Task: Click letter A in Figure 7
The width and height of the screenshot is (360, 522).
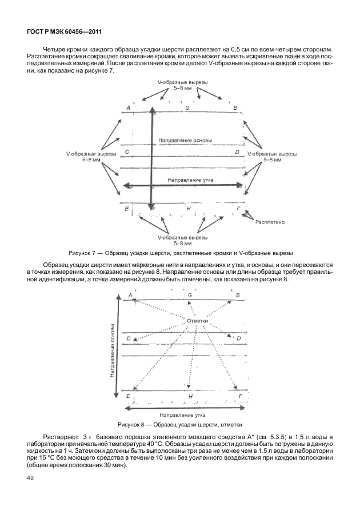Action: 128,107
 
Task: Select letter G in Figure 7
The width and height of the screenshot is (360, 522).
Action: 187,107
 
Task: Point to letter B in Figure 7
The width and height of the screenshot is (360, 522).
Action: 235,107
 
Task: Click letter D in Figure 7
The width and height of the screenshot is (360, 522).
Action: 237,152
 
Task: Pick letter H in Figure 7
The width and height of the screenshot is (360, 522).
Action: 189,209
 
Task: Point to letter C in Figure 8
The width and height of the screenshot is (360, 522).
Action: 129,338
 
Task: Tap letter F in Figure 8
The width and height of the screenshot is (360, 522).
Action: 240,396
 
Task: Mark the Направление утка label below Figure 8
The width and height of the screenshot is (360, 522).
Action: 183,415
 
